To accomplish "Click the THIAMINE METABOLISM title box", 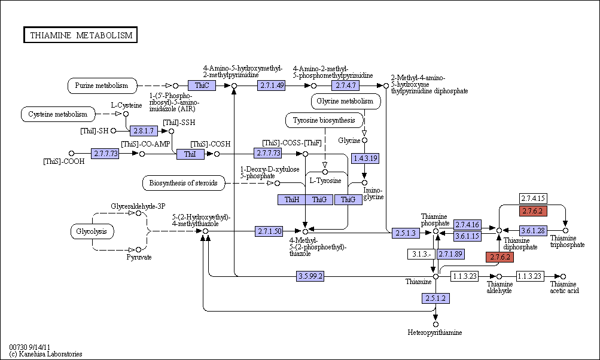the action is (80, 35).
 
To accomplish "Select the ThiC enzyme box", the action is (202, 86).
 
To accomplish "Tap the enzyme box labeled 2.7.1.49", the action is (272, 86).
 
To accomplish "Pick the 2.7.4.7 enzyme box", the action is (346, 86).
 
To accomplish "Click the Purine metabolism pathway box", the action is (102, 86).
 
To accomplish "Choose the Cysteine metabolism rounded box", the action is (58, 114).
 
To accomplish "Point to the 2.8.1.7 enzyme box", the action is (144, 131).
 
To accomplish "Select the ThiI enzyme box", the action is (190, 154).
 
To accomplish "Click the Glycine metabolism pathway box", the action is (346, 102).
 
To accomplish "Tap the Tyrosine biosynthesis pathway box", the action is (324, 121).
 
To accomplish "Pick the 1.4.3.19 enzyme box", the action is (366, 158).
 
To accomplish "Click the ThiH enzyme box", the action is (291, 200).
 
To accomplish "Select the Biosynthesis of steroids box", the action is (183, 183).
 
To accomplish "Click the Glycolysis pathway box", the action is (92, 231).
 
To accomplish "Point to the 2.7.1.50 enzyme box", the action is (269, 231).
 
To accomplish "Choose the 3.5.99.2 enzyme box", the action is (310, 276).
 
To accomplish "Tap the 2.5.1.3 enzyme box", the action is (406, 233).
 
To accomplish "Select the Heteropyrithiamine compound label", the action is (435, 332).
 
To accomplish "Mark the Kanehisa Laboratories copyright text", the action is (45, 354).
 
